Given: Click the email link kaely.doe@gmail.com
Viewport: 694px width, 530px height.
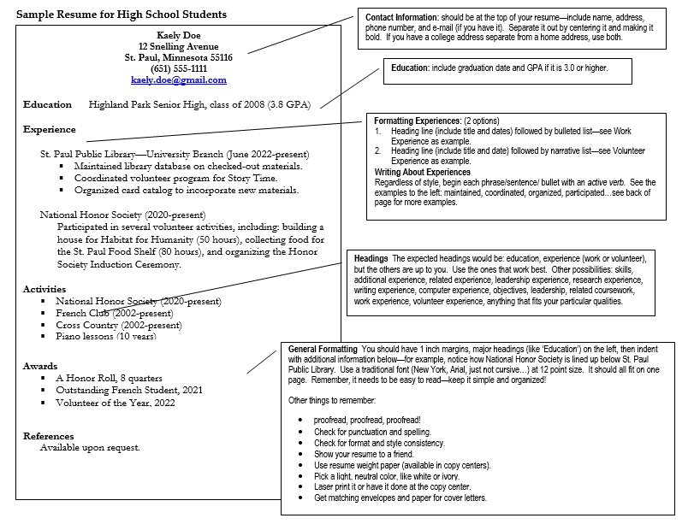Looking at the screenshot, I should pyautogui.click(x=179, y=80).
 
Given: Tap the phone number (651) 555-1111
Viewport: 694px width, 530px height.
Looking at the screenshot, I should pyautogui.click(x=179, y=69).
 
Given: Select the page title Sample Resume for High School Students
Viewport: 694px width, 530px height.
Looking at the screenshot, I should pyautogui.click(x=122, y=15).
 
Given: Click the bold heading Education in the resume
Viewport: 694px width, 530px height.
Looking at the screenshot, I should pyautogui.click(x=48, y=105).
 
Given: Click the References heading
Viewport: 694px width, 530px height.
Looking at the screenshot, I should pyautogui.click(x=49, y=436).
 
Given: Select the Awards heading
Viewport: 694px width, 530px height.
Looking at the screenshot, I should pyautogui.click(x=40, y=366).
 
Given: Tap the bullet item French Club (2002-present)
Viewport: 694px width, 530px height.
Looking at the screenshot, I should pyautogui.click(x=114, y=314).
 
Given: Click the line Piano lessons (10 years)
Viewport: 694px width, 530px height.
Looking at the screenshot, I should pyautogui.click(x=106, y=337).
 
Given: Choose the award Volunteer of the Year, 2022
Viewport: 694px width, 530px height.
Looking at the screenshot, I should pyautogui.click(x=116, y=403).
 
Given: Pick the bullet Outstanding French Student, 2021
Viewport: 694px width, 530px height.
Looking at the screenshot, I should pyautogui.click(x=129, y=391).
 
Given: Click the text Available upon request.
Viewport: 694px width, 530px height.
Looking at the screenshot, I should pyautogui.click(x=90, y=448).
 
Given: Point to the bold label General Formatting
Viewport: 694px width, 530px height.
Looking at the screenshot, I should pyautogui.click(x=323, y=349).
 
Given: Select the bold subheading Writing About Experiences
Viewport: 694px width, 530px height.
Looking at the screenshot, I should pyautogui.click(x=423, y=173).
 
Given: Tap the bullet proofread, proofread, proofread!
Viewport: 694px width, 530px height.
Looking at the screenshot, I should pyautogui.click(x=367, y=421).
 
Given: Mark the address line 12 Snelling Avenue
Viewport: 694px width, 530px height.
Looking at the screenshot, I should pyautogui.click(x=179, y=46).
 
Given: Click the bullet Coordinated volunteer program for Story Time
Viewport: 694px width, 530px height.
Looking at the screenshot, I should pyautogui.click(x=179, y=179).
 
